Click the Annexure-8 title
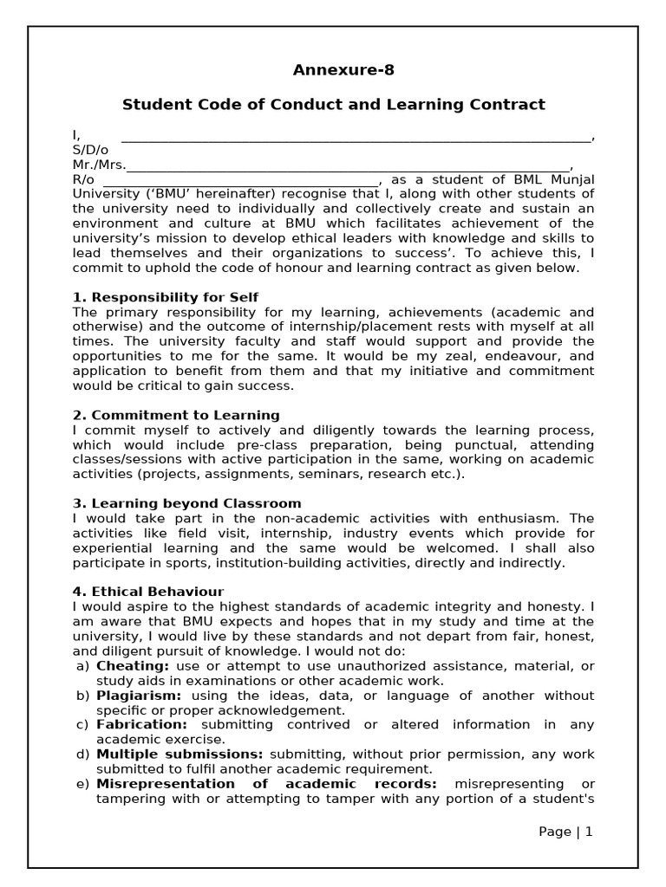point(333,70)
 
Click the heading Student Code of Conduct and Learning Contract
point(333,105)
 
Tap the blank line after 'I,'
point(356,137)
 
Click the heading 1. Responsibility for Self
point(165,297)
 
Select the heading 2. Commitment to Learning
point(176,415)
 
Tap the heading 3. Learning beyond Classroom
point(186,503)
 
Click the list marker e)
point(82,784)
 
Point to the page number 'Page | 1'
point(565,832)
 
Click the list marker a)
point(82,665)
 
